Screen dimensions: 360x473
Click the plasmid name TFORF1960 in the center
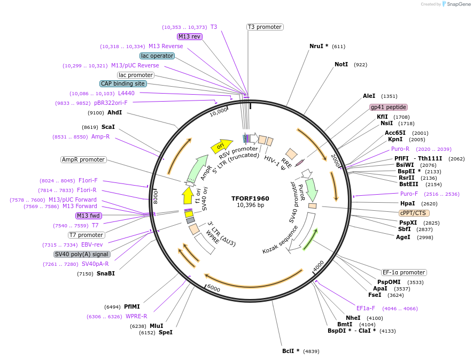pos(250,198)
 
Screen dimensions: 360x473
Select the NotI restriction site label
pos(341,64)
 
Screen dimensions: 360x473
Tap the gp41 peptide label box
pos(389,107)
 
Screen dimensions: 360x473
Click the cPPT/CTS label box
pos(414,212)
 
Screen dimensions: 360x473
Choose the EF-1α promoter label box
pos(404,272)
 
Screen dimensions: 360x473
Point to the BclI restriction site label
pos(291,351)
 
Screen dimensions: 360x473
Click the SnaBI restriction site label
pos(106,273)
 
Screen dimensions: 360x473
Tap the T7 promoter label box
pos(87,235)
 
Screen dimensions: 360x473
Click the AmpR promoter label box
pos(83,159)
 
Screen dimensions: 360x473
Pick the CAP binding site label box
pos(122,83)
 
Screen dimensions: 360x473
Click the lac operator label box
pos(157,56)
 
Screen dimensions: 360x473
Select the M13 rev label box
pos(190,36)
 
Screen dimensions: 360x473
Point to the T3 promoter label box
pos(265,27)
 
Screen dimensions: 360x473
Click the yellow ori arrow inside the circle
pos(221,145)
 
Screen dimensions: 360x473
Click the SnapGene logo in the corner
pos(455,4)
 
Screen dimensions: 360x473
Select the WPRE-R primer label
pos(136,316)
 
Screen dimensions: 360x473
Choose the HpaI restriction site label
pos(407,203)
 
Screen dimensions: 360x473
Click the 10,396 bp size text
pos(250,205)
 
